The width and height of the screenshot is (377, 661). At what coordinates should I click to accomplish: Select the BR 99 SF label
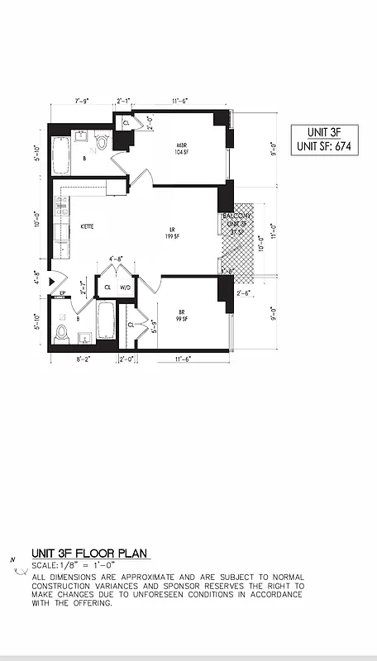[x=183, y=315]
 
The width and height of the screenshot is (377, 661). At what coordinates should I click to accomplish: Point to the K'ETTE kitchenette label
[x=86, y=226]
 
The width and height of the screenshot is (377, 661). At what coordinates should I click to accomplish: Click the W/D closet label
[x=126, y=288]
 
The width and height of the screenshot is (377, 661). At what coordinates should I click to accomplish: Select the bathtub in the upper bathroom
[x=63, y=155]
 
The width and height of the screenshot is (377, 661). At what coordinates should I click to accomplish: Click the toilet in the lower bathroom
[x=60, y=332]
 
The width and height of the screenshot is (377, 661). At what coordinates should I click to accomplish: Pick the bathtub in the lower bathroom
[x=105, y=321]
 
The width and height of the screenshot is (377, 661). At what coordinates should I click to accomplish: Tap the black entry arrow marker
[x=53, y=278]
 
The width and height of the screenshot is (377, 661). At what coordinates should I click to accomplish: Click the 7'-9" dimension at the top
[x=82, y=101]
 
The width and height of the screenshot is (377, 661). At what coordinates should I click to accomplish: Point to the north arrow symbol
[x=14, y=564]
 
